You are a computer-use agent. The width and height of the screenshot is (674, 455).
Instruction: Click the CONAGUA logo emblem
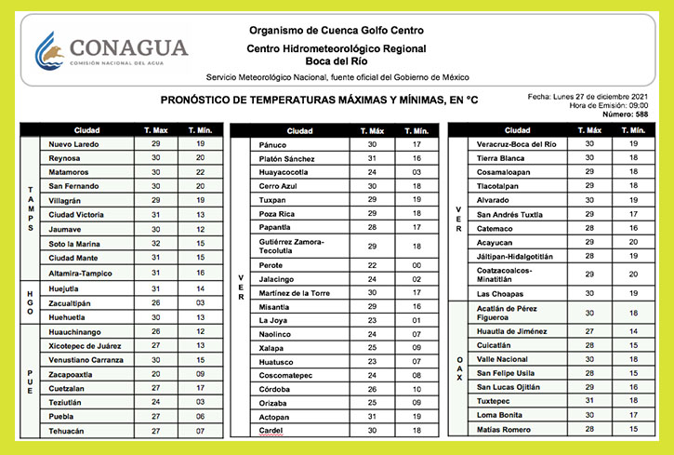coord(52,51)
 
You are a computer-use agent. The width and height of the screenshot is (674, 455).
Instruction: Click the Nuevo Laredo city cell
coord(73,144)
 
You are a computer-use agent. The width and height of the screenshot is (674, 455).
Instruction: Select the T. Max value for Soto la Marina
coord(156,244)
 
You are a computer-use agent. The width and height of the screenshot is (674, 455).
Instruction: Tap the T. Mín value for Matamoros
coord(200,172)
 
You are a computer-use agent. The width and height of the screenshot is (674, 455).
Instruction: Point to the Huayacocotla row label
coord(285,172)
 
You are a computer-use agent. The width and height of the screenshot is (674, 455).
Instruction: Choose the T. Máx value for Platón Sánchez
coord(371,159)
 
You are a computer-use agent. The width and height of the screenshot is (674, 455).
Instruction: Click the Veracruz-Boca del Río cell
coord(516,144)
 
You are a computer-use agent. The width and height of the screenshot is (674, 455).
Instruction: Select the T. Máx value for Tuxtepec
coord(588,400)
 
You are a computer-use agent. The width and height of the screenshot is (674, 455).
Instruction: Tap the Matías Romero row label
coord(504,429)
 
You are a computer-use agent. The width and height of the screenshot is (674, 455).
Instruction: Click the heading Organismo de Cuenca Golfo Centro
coord(337,30)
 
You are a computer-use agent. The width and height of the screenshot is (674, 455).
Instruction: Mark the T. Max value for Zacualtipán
coord(156,302)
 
